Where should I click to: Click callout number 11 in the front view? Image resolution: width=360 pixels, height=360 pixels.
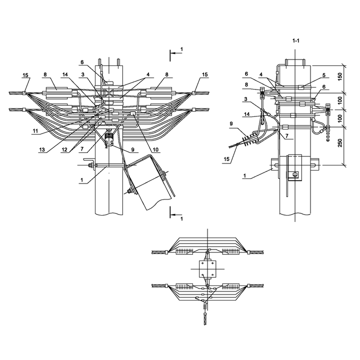click(35, 131)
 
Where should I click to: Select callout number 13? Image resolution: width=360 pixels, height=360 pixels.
click(41, 149)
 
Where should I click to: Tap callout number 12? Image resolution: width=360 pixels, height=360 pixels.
click(64, 149)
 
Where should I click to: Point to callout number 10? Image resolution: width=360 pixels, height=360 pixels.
click(155, 149)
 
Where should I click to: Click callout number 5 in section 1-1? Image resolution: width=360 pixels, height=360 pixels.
click(324, 75)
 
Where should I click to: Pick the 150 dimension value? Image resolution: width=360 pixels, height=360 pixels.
click(340, 76)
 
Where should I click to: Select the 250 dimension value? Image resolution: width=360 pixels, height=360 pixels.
click(340, 142)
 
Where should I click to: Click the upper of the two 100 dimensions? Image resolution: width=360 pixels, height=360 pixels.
click(340, 100)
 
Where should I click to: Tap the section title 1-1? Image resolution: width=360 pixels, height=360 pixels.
click(295, 41)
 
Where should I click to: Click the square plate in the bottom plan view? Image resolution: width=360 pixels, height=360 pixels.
click(207, 268)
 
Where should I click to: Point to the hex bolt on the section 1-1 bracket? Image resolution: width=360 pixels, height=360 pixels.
click(295, 174)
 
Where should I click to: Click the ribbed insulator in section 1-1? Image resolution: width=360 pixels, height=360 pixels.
click(250, 140)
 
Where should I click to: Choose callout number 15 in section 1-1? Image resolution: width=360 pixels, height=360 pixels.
click(226, 159)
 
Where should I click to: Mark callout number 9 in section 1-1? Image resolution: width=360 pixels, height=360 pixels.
click(231, 124)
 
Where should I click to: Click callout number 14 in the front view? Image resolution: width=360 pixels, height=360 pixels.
click(65, 74)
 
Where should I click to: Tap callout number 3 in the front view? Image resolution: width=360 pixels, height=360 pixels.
click(82, 74)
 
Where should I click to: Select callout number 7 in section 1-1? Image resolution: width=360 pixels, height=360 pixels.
click(287, 136)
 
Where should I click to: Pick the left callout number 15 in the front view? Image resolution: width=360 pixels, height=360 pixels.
click(25, 75)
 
